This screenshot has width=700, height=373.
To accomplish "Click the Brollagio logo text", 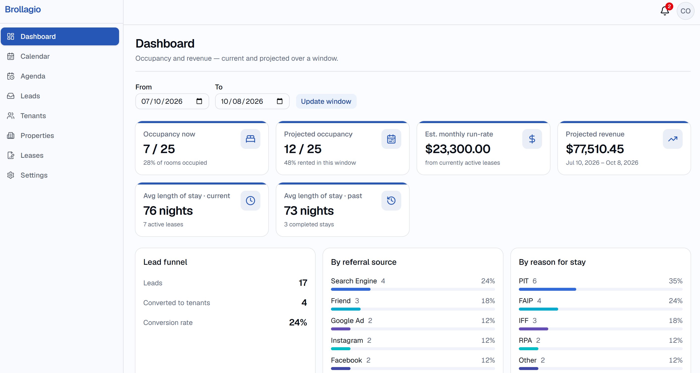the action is click(x=23, y=9).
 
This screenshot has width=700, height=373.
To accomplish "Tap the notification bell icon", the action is click(x=665, y=11).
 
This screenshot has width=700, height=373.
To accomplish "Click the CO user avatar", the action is click(x=685, y=11).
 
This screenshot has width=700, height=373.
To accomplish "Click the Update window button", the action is click(x=326, y=101).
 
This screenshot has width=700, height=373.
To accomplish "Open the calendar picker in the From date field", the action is click(x=199, y=101).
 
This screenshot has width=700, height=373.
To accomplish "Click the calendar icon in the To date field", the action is click(x=280, y=101).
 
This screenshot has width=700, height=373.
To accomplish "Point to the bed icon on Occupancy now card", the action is click(x=250, y=139).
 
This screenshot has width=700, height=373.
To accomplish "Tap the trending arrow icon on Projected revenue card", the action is click(x=673, y=139).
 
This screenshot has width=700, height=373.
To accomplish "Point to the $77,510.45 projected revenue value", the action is click(x=595, y=149).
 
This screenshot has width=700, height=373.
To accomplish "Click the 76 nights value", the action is click(x=168, y=211).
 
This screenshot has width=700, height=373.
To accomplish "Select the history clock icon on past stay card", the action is click(x=391, y=201).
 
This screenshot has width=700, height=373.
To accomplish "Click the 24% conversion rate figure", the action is click(x=298, y=322).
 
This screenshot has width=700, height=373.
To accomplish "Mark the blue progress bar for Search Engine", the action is click(x=350, y=289).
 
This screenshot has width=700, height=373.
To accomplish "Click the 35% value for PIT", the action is click(x=675, y=281).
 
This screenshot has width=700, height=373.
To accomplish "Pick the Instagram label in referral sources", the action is click(x=347, y=340).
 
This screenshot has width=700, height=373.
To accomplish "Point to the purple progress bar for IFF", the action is click(x=533, y=329).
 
